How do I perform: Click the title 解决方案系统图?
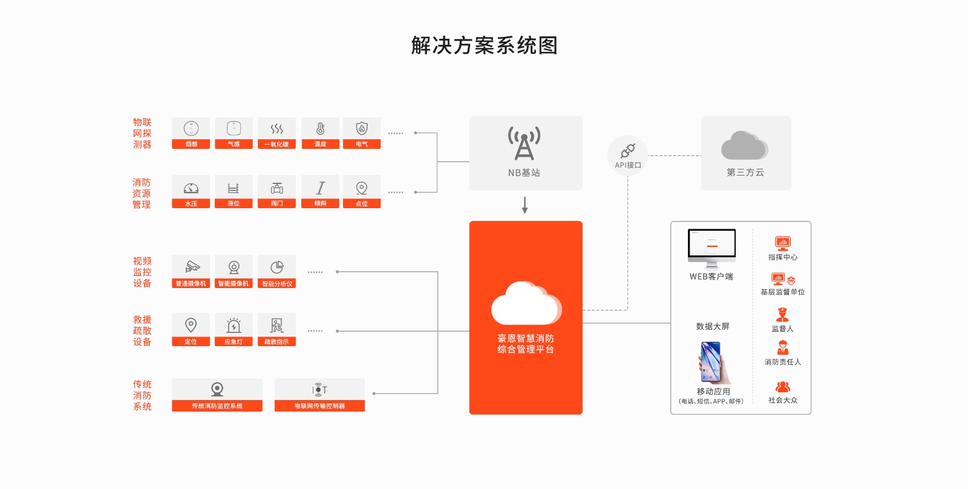[484, 45]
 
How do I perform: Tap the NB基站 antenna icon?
[524, 143]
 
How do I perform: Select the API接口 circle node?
[628, 156]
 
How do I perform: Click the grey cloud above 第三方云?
[745, 146]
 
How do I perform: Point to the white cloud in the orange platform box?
[526, 303]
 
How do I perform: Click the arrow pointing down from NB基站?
[525, 205]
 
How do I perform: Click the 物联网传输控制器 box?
[319, 395]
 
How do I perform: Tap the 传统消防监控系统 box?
[217, 395]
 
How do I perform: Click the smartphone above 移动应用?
[713, 363]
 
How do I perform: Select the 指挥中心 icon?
[783, 243]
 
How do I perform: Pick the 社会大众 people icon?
[783, 387]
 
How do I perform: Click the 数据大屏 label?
[713, 326]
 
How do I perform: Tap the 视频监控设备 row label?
[142, 272]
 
